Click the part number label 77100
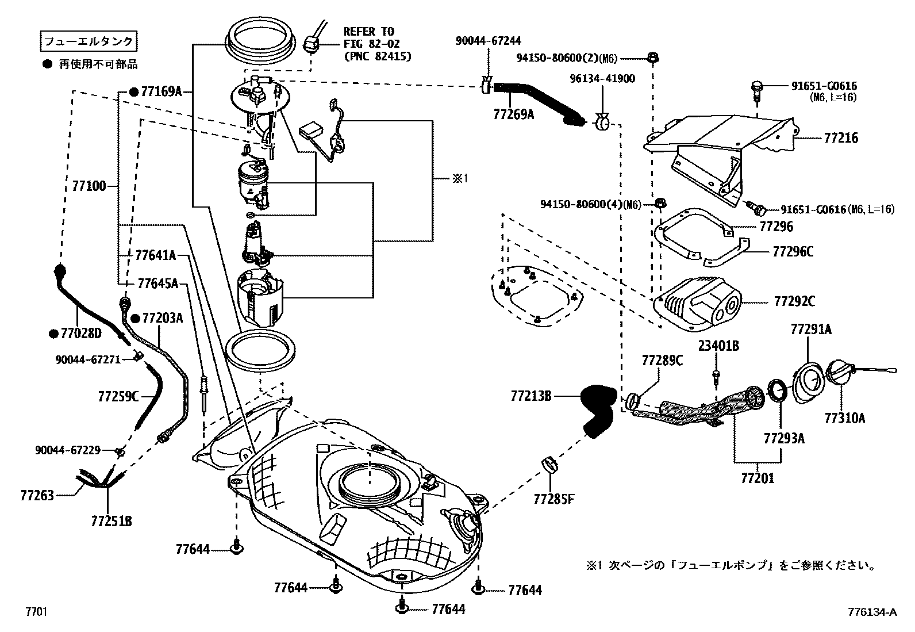[89, 186]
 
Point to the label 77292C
[794, 301]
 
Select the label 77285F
[553, 499]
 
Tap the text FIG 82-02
[372, 44]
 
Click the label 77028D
[80, 333]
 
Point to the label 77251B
[112, 522]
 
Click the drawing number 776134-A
[871, 612]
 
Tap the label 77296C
[793, 252]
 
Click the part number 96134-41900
[603, 79]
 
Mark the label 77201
[757, 478]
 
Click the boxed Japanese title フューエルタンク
[89, 41]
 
